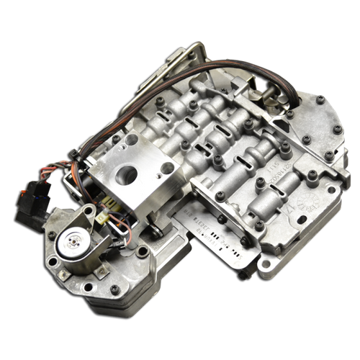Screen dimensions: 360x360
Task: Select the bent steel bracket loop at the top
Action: click(x=189, y=55)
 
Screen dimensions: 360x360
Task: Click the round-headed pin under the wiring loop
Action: click(x=153, y=231)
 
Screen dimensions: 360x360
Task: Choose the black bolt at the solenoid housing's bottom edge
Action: click(x=113, y=289)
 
